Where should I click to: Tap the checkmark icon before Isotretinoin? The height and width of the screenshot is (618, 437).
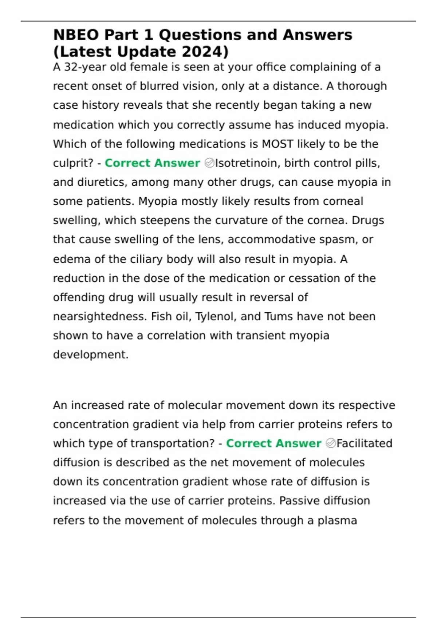[x=209, y=163]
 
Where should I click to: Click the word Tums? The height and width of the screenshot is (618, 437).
[x=279, y=317]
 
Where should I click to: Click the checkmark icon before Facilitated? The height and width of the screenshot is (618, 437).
[x=331, y=444]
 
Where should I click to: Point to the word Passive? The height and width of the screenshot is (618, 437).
[x=301, y=501]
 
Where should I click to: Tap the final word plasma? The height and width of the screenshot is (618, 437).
[x=337, y=521]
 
